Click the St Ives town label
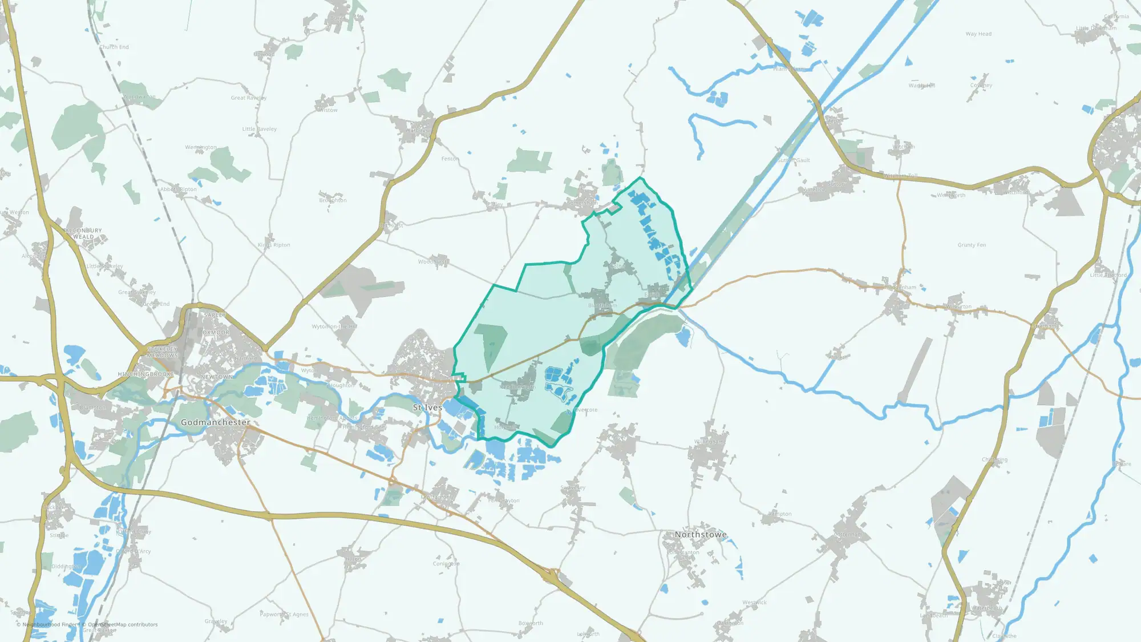point(427,407)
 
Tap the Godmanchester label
point(215,422)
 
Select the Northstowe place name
point(701,535)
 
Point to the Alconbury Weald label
point(83,233)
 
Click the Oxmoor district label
point(216,332)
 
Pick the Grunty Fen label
point(972,245)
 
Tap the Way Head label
point(978,34)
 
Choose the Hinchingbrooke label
point(145,374)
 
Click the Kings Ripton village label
point(274,245)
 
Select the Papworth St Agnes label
point(284,615)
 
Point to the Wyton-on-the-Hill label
point(334,326)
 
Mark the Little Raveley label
point(259,129)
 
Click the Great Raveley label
point(248,98)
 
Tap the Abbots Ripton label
point(178,189)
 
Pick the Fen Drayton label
point(504,500)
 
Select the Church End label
point(114,47)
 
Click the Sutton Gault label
point(794,160)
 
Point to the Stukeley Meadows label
point(163,352)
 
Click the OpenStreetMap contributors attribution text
point(123,625)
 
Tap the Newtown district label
point(216,377)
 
